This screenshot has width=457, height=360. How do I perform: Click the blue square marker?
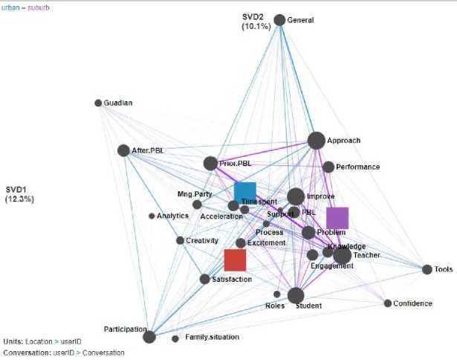pos(245,192)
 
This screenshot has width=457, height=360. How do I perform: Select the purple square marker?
pos(337,218)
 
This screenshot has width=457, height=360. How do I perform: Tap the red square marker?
pos(235,260)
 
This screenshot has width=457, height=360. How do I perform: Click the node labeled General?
pos(279,20)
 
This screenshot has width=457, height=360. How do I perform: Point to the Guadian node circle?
pos(98,103)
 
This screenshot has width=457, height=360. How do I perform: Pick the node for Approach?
pos(316,141)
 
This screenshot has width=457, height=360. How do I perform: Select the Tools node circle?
pos(427,269)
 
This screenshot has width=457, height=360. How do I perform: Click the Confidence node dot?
pos(387,303)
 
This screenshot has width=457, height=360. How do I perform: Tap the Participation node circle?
pos(149,337)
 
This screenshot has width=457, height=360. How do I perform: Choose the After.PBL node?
pos(123,150)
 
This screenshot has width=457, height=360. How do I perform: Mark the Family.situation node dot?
pos(175,338)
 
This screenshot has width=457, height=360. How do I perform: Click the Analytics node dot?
pos(152,216)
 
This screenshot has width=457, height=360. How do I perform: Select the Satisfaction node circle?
pos(205,279)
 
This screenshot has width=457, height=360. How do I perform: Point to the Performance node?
pos(328,167)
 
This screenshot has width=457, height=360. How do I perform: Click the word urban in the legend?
pos(11,6)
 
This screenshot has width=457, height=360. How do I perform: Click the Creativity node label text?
pos(203,240)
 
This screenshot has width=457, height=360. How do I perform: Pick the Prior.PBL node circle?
pos(210,163)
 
